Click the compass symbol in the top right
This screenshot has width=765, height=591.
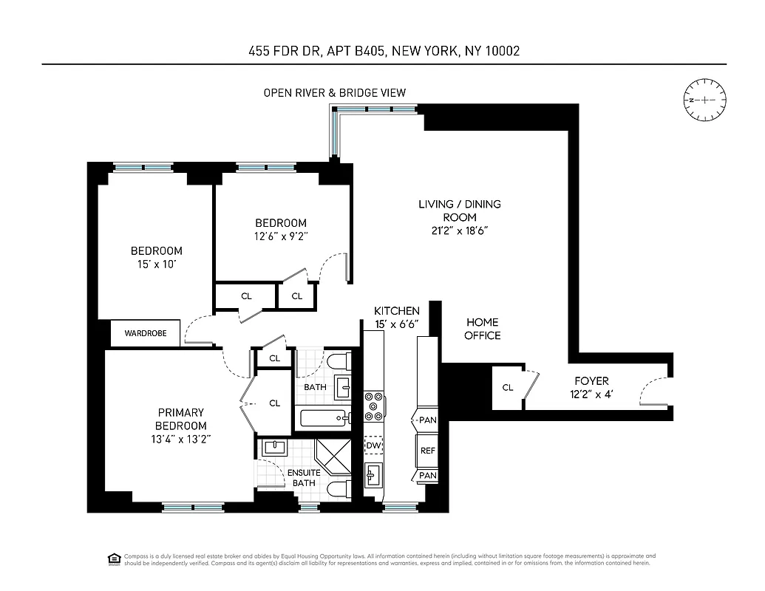coord(704,100)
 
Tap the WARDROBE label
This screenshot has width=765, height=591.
coord(146,334)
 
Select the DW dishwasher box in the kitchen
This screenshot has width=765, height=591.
coord(373,446)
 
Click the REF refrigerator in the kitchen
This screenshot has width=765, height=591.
coord(428,450)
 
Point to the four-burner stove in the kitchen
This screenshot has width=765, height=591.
coord(374,406)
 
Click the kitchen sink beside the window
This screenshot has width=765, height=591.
coord(373,474)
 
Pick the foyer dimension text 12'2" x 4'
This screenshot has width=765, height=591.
coord(591,394)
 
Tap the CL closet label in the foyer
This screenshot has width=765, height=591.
coord(508,388)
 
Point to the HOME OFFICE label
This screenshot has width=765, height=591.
coord(482,329)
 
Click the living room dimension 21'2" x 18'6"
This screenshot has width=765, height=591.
coord(459,230)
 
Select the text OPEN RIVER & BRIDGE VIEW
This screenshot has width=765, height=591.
coord(335,93)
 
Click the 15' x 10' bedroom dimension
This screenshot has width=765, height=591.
coord(156,264)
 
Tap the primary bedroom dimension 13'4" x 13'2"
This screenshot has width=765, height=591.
coord(180,440)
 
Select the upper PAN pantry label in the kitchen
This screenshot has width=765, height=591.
coord(428,420)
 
